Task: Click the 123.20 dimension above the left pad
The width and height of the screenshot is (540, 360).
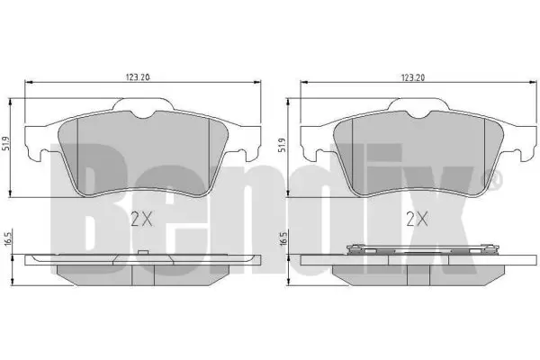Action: coord(138,78)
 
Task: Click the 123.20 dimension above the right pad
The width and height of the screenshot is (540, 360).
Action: coord(413,78)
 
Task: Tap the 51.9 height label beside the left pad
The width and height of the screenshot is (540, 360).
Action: coord(5,143)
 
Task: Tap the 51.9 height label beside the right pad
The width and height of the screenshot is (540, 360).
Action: coord(283,145)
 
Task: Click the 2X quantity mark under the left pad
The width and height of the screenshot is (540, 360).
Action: coord(141,219)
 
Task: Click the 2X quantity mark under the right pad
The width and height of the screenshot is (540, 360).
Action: coord(417,219)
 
